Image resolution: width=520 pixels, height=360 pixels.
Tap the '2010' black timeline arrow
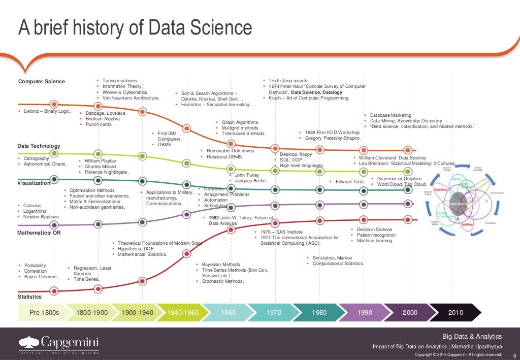coord(456,312)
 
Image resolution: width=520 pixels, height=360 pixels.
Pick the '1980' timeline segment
coord(319,312)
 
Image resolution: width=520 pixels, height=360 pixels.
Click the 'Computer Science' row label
coord(42,82)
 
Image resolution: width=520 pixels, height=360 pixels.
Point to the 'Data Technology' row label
coord(39,146)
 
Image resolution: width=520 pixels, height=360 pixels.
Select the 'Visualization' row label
coord(34,183)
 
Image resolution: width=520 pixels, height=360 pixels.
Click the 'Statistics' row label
coord(30,297)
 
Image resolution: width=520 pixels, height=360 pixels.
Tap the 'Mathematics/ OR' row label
coord(39,233)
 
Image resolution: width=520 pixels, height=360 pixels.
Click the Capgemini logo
coord(58,343)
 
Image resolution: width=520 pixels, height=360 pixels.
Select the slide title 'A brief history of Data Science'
coord(135,28)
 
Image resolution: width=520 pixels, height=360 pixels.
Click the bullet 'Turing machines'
coord(119,81)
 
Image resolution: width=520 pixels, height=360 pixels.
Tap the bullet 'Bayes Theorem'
coord(41,277)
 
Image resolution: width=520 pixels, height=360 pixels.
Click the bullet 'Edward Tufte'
coord(350,182)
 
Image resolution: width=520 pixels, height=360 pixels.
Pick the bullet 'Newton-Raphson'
coord(42,217)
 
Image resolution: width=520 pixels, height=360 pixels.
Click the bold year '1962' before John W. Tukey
coord(214,218)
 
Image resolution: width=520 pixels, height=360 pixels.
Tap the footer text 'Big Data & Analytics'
coord(472,337)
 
